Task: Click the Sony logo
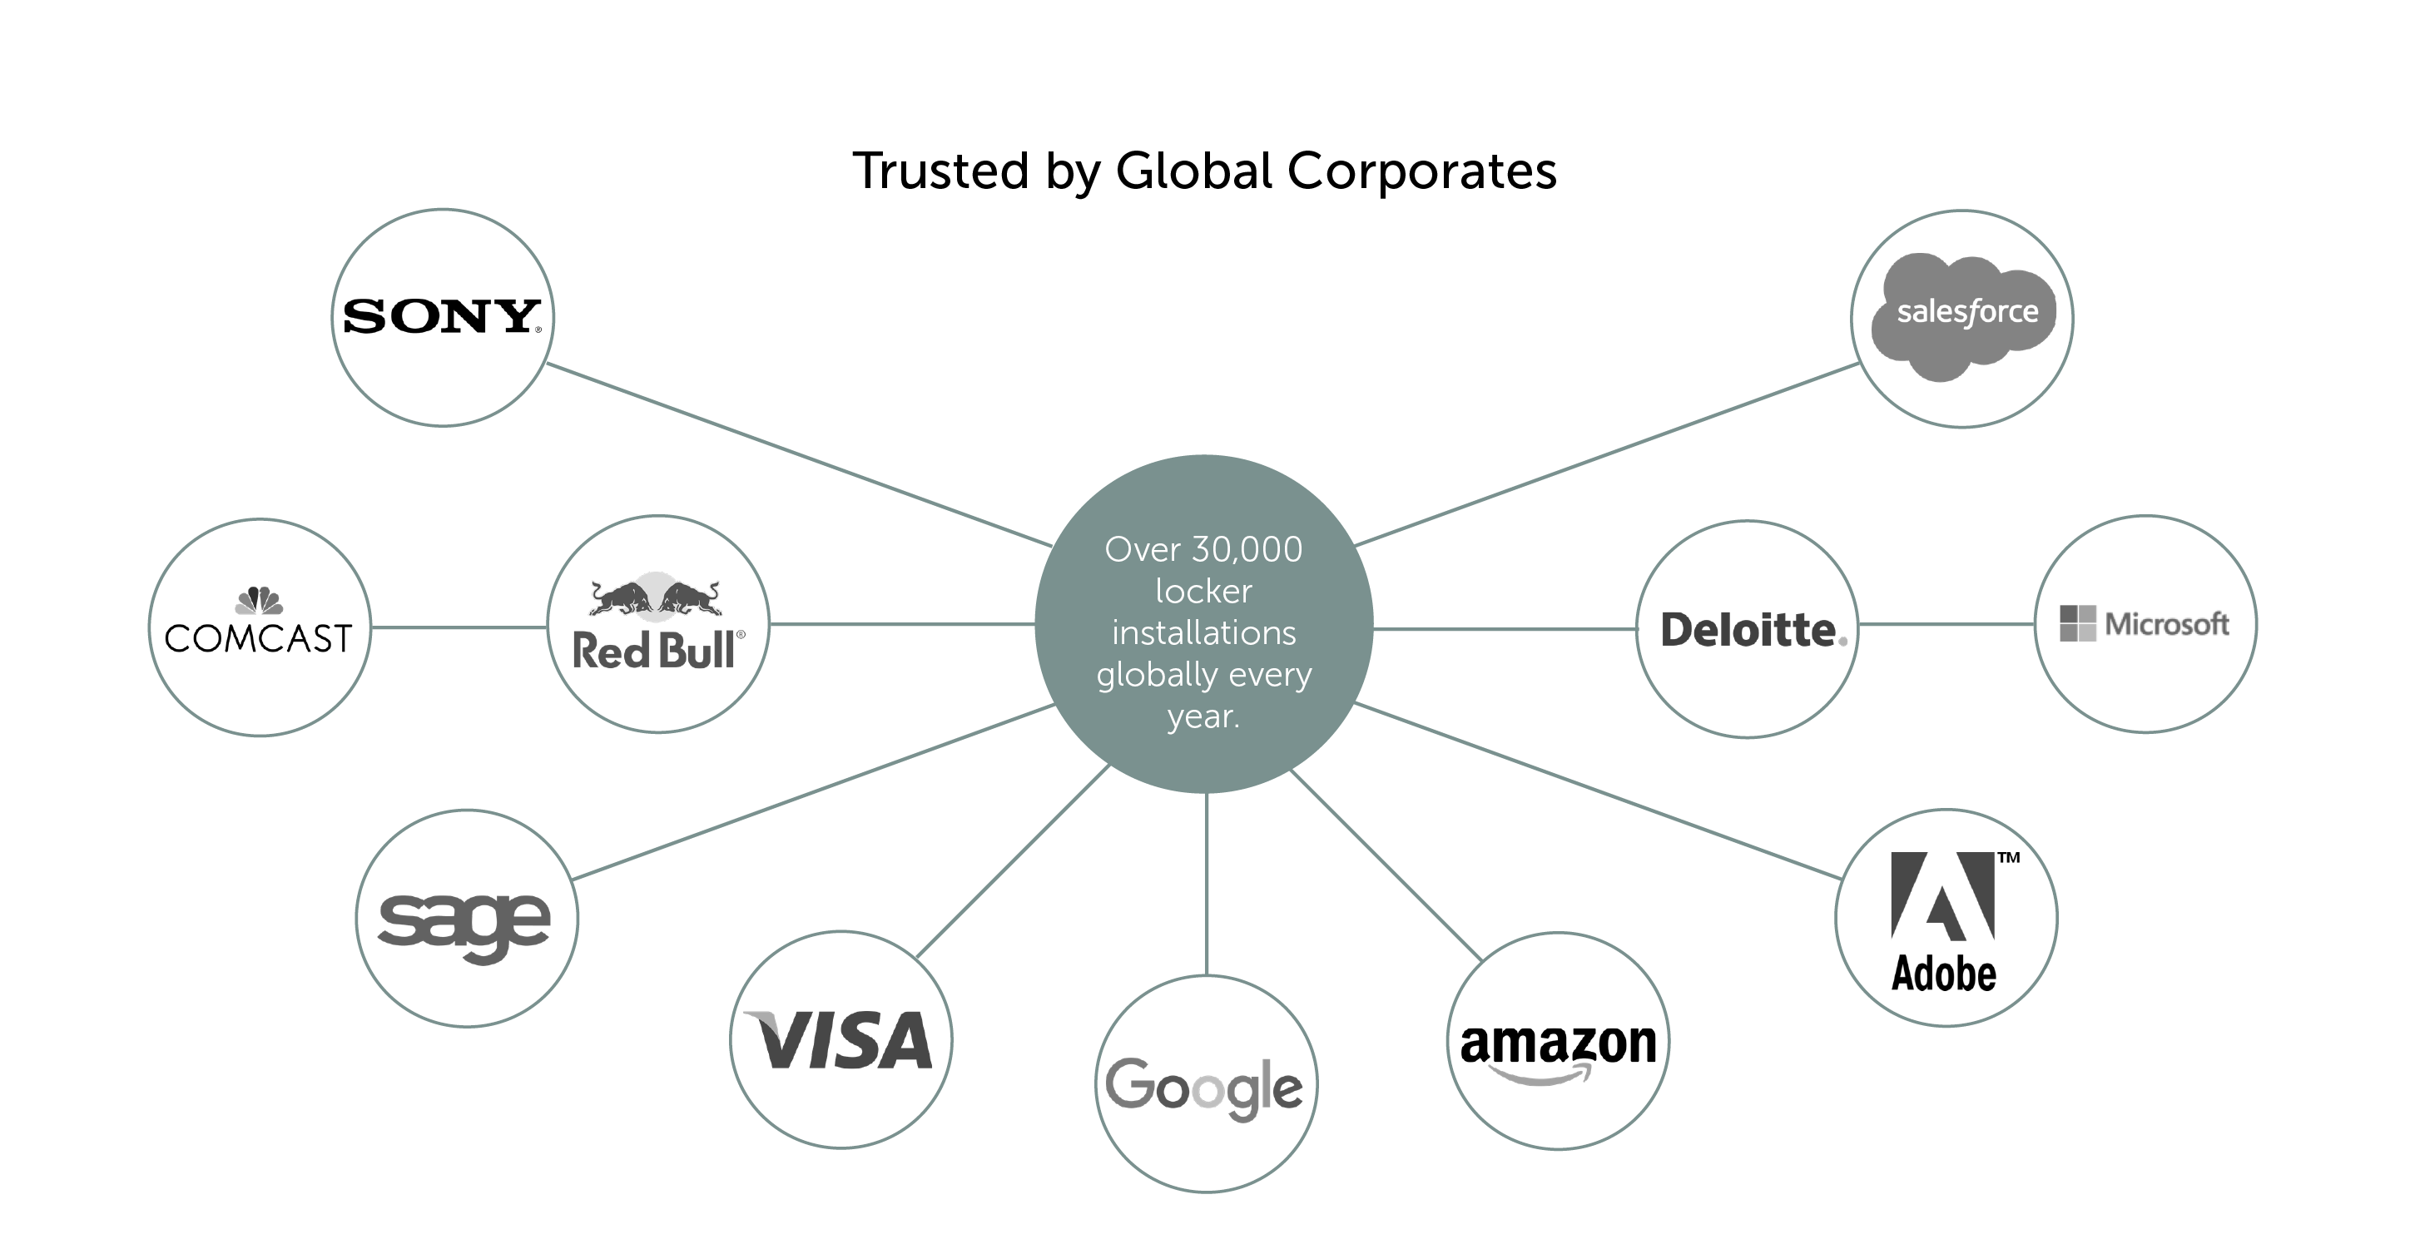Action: [442, 316]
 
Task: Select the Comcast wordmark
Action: [258, 639]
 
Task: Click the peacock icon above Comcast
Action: [259, 600]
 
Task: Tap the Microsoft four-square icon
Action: [2078, 623]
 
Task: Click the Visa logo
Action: [839, 1040]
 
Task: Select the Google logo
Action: [1204, 1087]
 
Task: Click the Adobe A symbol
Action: [1942, 895]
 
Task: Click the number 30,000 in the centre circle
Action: [1245, 550]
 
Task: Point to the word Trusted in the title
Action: [941, 171]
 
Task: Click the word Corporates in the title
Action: [1422, 171]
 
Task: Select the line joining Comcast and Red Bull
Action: [459, 627]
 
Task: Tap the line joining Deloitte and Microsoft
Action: [1946, 624]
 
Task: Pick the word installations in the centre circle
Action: [1203, 633]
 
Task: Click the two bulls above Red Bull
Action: [656, 597]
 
